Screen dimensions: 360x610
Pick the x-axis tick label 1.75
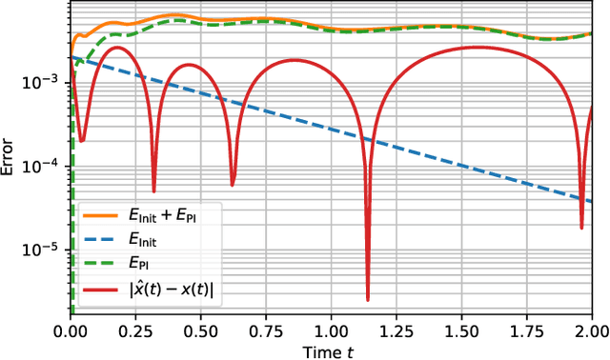pyautogui.click(x=526, y=329)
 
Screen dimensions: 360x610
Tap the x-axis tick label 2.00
pyautogui.click(x=591, y=329)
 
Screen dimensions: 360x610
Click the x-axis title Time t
pyautogui.click(x=331, y=349)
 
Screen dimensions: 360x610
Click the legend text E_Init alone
pyautogui.click(x=147, y=243)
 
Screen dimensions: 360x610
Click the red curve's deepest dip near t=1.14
pyautogui.click(x=368, y=299)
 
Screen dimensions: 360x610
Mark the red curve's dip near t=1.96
pyautogui.click(x=581, y=227)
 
